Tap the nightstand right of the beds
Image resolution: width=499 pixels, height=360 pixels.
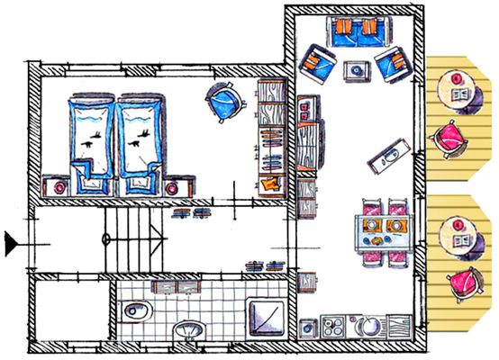click(x=174, y=185)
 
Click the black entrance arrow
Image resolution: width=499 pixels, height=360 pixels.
click(x=11, y=240)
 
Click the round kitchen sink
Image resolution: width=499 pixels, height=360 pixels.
click(x=369, y=327)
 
